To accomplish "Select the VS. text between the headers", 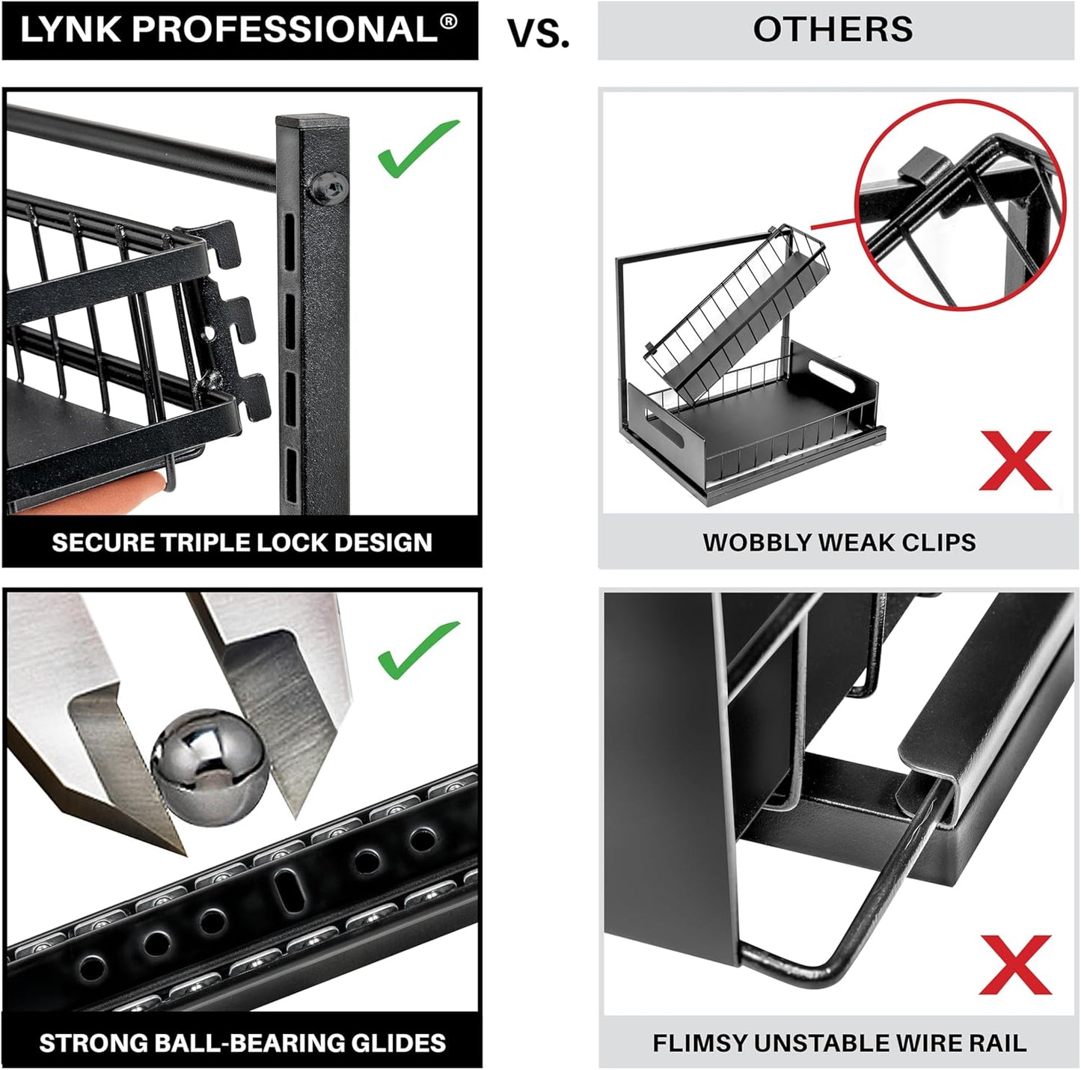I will (x=538, y=34).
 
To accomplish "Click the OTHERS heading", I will (x=833, y=30).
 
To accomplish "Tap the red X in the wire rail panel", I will (x=1015, y=964).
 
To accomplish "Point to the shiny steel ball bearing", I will (x=209, y=767).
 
